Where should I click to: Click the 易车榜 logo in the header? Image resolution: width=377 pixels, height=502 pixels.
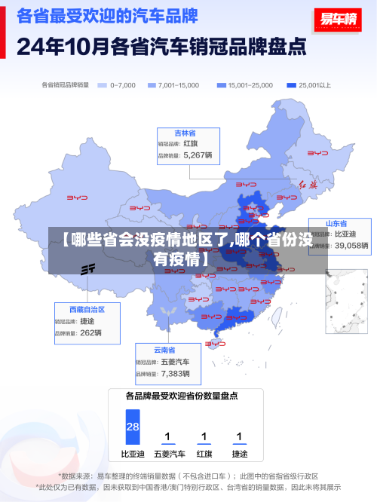click(x=336, y=20)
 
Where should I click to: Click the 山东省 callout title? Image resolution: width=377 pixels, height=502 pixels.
click(x=336, y=224)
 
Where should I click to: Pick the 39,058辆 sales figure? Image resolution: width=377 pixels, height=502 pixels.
click(x=351, y=246)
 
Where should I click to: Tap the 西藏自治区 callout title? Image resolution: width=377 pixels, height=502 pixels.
click(x=87, y=309)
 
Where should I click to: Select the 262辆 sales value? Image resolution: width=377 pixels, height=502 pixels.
click(x=90, y=332)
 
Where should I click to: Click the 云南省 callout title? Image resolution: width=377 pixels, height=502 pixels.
click(x=164, y=350)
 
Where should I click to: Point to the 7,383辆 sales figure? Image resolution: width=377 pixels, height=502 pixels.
click(x=175, y=373)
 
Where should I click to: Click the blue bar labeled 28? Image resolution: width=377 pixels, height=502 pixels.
click(x=133, y=427)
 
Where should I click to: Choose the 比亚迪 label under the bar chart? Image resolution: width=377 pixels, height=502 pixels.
click(x=133, y=454)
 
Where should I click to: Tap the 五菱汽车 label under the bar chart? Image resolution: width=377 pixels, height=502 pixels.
click(x=169, y=454)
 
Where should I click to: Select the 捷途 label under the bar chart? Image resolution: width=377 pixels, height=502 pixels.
click(x=239, y=454)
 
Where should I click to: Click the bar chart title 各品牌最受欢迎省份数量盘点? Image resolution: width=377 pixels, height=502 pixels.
click(x=182, y=395)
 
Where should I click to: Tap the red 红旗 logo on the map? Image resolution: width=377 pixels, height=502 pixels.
click(x=308, y=184)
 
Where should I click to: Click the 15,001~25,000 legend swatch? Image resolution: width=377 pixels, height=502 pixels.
click(x=221, y=85)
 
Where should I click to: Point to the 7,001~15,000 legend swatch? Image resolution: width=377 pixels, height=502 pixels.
click(x=152, y=85)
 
